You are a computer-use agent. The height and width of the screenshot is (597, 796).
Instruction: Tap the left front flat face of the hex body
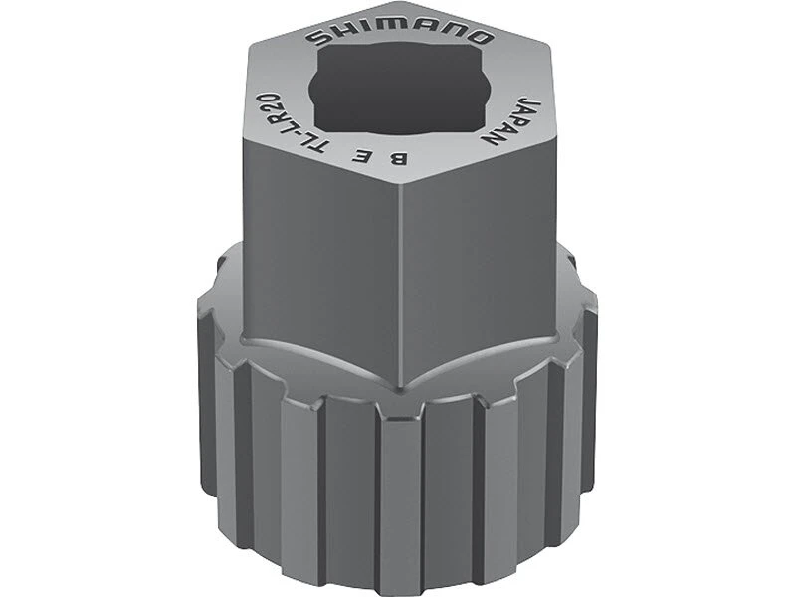(x=318, y=259)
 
